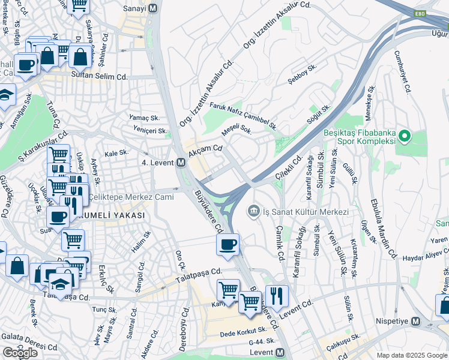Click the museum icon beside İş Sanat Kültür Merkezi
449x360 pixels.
[253, 211]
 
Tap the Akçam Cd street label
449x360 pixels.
[206, 151]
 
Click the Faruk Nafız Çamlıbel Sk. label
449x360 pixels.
[243, 116]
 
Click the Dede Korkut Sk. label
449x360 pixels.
[243, 331]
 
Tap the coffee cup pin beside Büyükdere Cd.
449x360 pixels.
[228, 245]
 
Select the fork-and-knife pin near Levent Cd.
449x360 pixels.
[276, 295]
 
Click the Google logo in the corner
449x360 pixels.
[20, 353]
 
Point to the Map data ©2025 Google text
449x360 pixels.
[411, 355]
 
